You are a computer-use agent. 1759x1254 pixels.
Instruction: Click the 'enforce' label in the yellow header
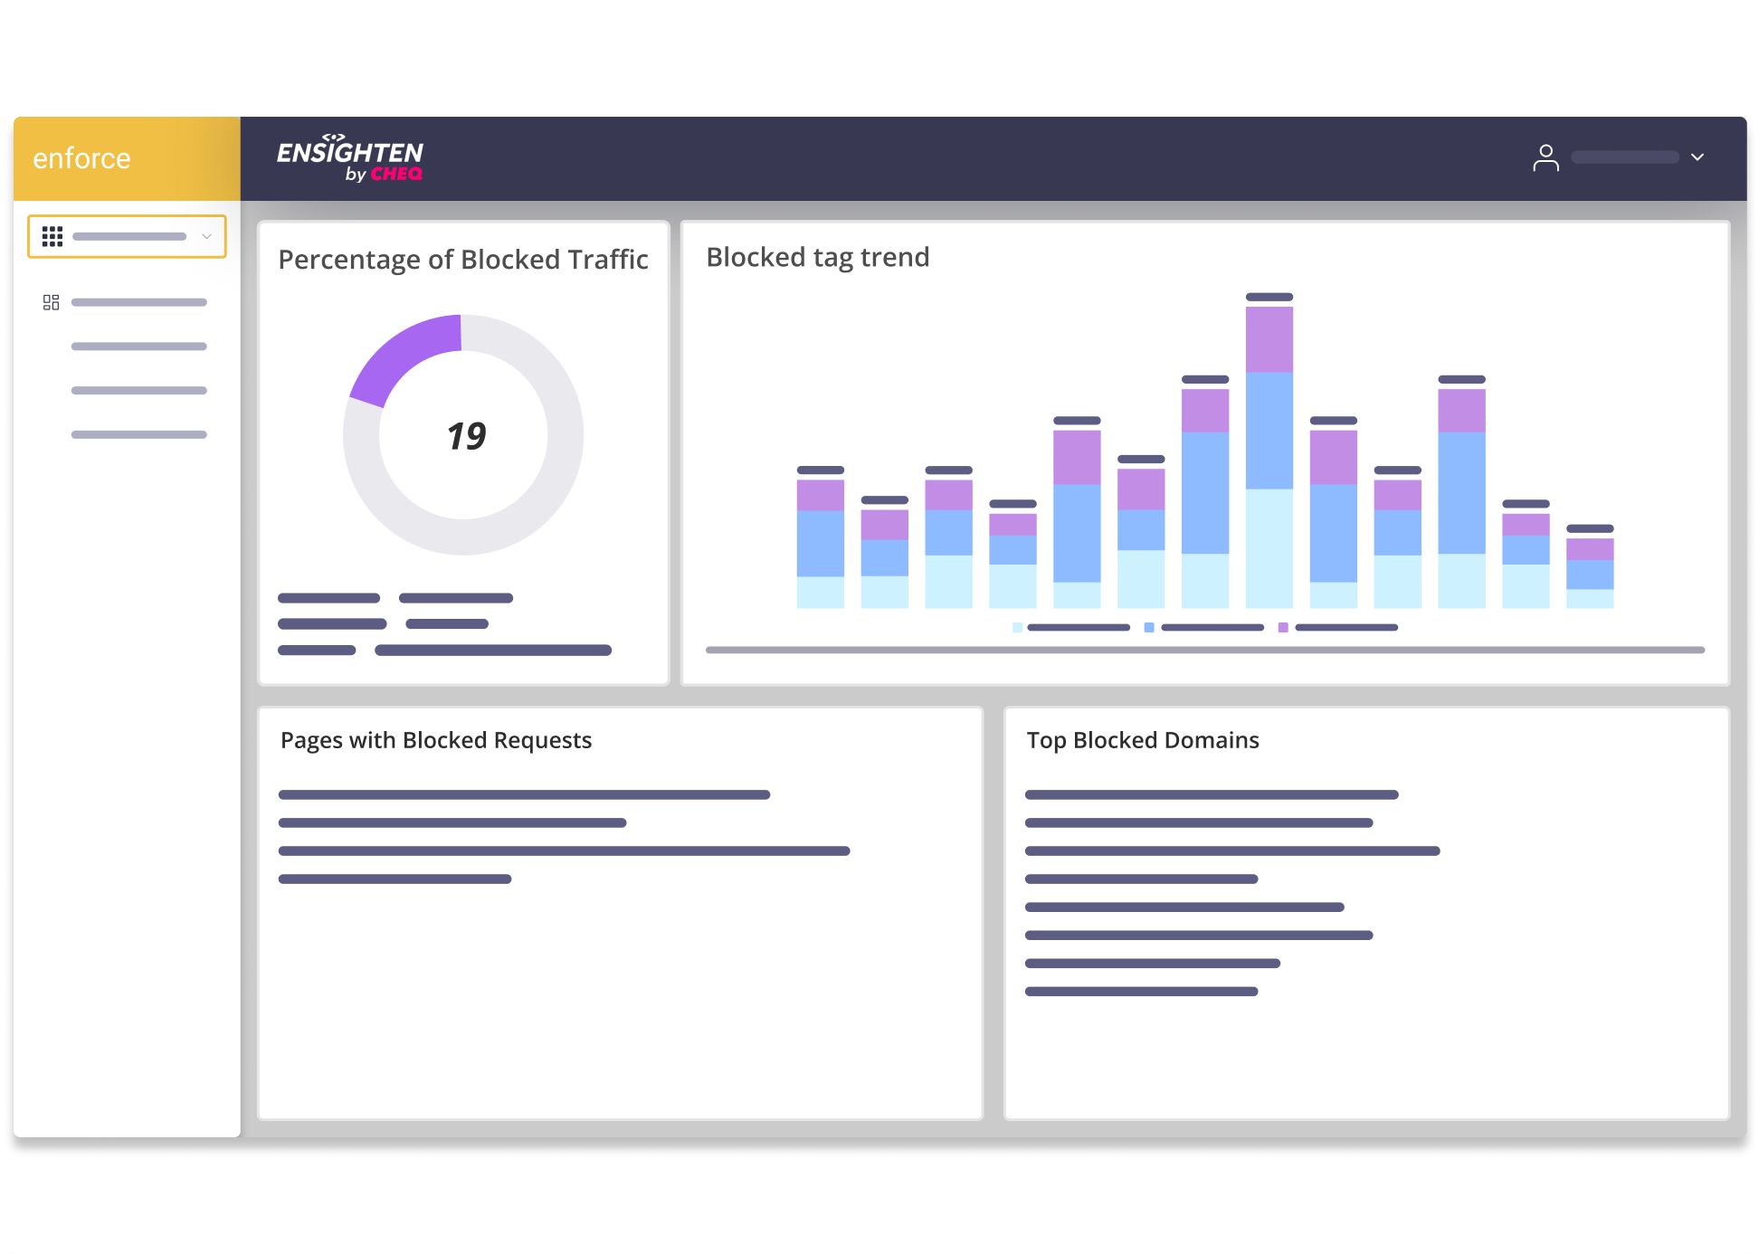point(81,158)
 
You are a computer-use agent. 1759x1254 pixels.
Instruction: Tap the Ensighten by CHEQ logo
point(350,159)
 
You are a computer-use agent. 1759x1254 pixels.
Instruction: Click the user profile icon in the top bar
point(1545,158)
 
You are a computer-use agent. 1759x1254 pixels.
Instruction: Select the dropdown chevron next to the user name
point(1697,157)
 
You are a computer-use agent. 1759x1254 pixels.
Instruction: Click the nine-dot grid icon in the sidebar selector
point(52,236)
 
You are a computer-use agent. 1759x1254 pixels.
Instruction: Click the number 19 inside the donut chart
point(466,436)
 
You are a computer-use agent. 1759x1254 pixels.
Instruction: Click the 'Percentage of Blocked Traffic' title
point(462,260)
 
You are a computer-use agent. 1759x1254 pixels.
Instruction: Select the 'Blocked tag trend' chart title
point(817,258)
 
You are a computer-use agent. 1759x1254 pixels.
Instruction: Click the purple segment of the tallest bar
point(1269,339)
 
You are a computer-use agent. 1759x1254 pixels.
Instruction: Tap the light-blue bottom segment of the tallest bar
point(1269,547)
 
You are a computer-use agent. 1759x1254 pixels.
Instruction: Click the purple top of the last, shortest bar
point(1589,549)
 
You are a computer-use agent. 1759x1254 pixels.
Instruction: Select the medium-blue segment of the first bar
point(820,543)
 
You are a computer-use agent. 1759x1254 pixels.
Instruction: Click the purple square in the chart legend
point(1283,627)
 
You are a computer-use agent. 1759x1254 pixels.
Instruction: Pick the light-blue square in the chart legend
point(1018,627)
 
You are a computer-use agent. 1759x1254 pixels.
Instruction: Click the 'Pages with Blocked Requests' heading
point(435,740)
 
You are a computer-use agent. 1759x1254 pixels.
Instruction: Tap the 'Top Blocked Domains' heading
point(1142,740)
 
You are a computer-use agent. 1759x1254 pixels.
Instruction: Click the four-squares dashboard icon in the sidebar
point(51,302)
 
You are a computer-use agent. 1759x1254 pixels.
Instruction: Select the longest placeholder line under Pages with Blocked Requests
point(564,850)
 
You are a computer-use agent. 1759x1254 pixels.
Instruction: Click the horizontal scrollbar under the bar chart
point(1203,650)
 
